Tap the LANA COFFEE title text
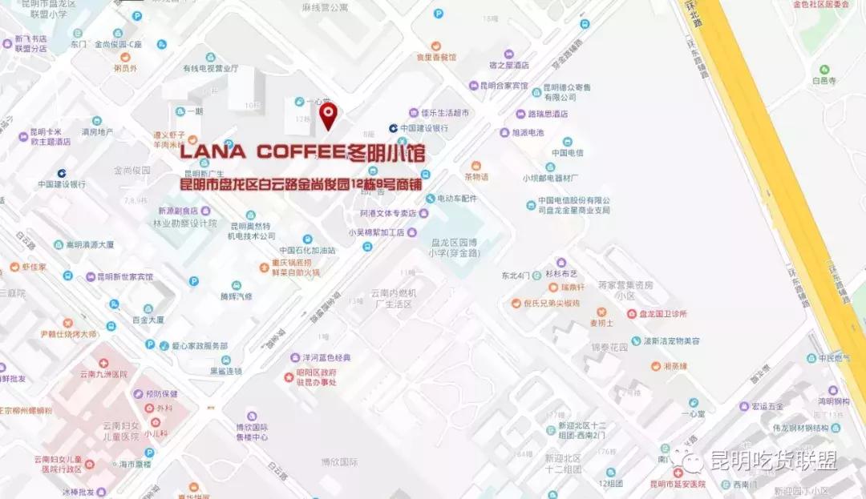click(301, 151)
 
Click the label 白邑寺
click(824, 80)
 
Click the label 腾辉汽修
click(236, 296)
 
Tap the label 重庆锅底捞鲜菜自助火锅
click(294, 268)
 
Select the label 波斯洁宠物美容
click(672, 340)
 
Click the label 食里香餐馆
click(436, 57)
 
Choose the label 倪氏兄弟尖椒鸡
click(551, 304)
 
